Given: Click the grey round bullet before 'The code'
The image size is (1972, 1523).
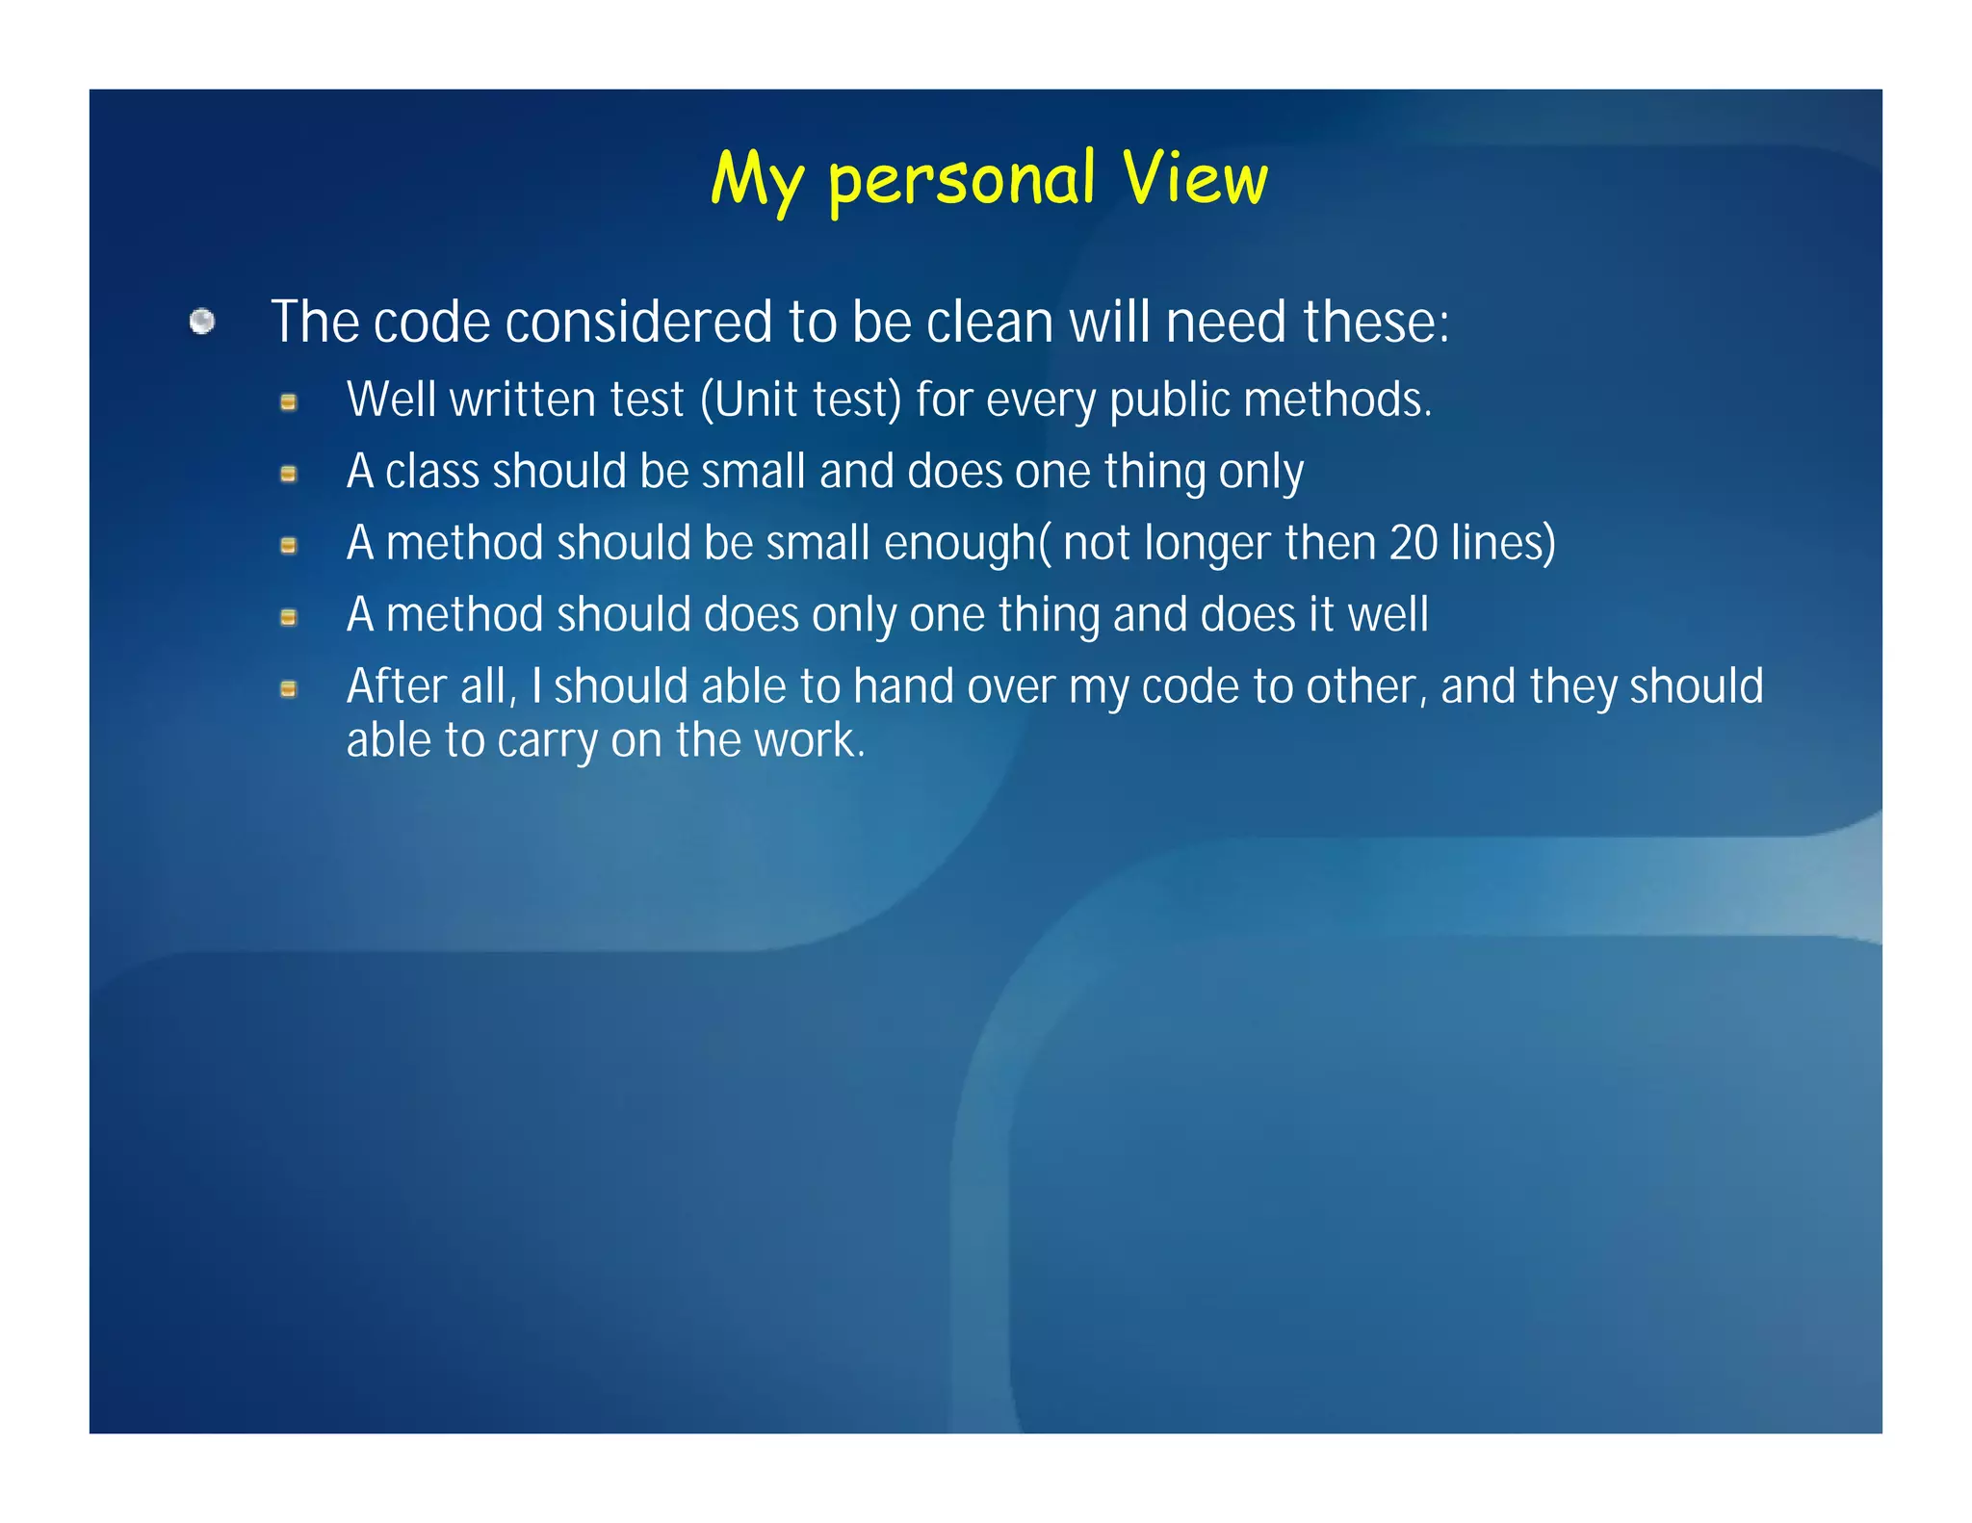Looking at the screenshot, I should [202, 322].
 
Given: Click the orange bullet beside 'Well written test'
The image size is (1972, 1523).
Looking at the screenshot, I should [288, 402].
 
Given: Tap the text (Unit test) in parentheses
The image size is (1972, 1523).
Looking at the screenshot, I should [801, 400].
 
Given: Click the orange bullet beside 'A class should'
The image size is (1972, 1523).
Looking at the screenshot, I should [288, 474].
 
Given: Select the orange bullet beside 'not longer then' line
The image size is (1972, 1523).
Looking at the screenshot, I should [288, 546].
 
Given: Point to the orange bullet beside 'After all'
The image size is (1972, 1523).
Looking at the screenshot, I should [288, 689].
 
